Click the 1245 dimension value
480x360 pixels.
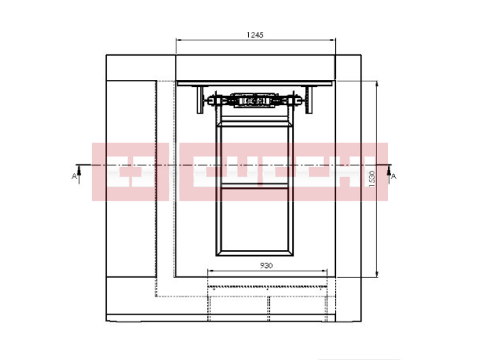tap(255, 35)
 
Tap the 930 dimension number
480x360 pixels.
tap(266, 265)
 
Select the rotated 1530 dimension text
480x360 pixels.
tap(372, 179)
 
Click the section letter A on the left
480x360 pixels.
tap(74, 176)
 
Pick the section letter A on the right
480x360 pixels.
tap(394, 176)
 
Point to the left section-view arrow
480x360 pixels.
tap(79, 174)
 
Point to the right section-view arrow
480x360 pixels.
tap(389, 174)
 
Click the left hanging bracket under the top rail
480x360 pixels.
tap(200, 100)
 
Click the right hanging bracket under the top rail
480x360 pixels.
tap(309, 100)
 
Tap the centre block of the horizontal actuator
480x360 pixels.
tap(254, 100)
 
